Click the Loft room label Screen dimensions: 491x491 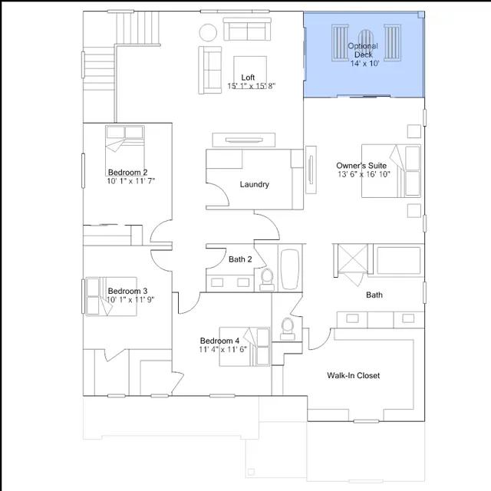(248, 77)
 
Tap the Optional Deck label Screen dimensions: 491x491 (363, 50)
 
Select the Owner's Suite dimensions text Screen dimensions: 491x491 (364, 174)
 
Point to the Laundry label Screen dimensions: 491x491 (254, 184)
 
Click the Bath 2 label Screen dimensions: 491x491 (240, 259)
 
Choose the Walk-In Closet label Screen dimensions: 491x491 (353, 375)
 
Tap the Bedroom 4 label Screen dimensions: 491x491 (219, 341)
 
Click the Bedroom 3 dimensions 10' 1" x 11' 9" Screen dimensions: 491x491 (130, 300)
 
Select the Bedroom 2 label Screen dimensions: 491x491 (127, 172)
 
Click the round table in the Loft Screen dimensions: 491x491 (208, 32)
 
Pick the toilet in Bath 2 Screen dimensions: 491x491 (267, 279)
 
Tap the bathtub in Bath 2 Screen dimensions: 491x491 (290, 269)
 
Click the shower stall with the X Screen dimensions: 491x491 (353, 260)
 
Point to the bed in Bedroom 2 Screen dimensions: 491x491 (125, 147)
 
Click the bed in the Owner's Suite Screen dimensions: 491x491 (391, 171)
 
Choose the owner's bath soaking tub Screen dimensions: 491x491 (398, 260)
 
